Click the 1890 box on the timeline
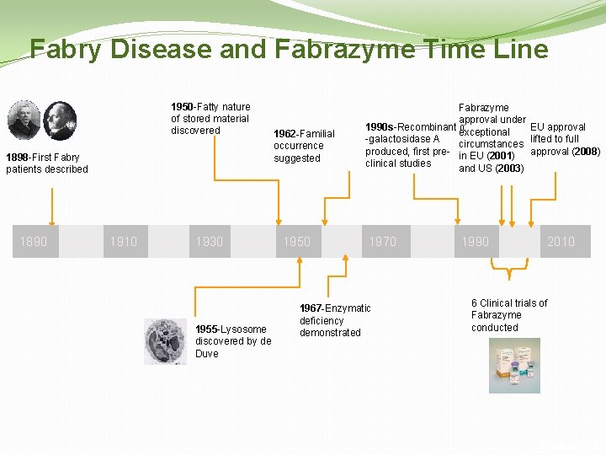click(x=34, y=242)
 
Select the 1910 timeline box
click(x=123, y=242)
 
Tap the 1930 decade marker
click(x=210, y=242)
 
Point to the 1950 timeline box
click(x=296, y=242)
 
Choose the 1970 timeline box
click(x=383, y=242)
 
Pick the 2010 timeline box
click(x=561, y=242)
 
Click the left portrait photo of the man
click(x=24, y=119)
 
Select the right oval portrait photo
click(x=60, y=120)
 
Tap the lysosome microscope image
click(x=166, y=340)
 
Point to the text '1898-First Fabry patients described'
click(x=47, y=163)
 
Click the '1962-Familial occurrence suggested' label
click(x=304, y=146)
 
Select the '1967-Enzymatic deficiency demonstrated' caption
click(x=335, y=320)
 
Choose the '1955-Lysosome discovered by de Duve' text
click(x=233, y=341)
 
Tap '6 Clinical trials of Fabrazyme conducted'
click(x=509, y=315)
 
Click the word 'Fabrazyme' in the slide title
click(x=344, y=49)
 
